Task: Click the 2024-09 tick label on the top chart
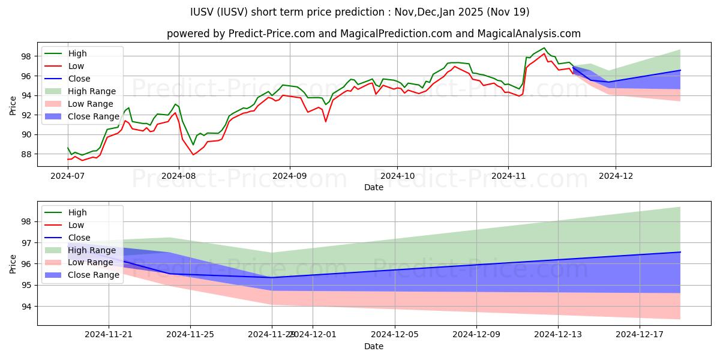tap(289, 176)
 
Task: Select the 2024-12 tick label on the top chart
tap(615, 176)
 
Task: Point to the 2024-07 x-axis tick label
tap(67, 176)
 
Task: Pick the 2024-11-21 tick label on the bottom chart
tap(109, 335)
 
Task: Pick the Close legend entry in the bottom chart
tap(79, 238)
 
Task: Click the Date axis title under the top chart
tap(373, 187)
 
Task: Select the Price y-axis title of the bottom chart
tap(13, 263)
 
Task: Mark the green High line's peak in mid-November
tap(544, 48)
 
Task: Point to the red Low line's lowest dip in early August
tap(193, 155)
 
